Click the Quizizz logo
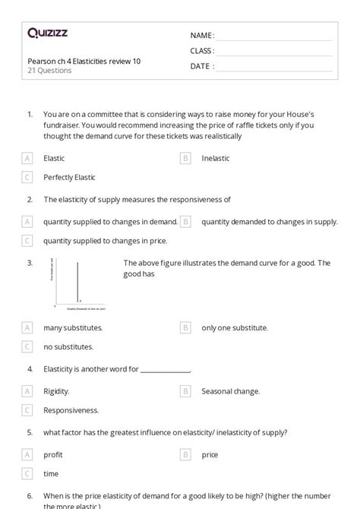(x=47, y=33)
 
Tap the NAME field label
(x=202, y=36)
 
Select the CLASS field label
(x=202, y=51)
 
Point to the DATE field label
(x=201, y=66)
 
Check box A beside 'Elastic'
(x=28, y=158)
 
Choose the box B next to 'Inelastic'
(x=185, y=158)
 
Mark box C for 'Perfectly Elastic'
(x=28, y=177)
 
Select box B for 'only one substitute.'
(x=185, y=327)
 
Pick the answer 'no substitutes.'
(x=68, y=346)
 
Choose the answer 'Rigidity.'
(x=56, y=391)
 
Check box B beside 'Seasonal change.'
(x=185, y=391)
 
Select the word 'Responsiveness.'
(x=71, y=410)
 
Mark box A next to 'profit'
(x=28, y=454)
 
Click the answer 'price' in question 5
(x=210, y=454)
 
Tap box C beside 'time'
(x=28, y=473)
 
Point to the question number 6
(x=30, y=496)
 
